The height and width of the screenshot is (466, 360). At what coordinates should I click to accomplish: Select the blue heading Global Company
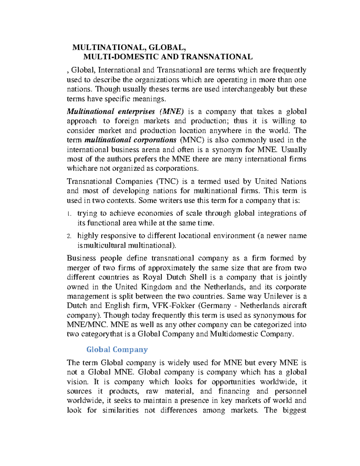pyautogui.click(x=117, y=350)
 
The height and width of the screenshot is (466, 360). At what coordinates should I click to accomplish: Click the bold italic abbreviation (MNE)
pyautogui.click(x=172, y=112)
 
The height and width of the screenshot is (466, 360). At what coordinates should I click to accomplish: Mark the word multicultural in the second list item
pyautogui.click(x=106, y=245)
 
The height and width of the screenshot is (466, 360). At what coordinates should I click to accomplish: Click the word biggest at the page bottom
pyautogui.click(x=294, y=410)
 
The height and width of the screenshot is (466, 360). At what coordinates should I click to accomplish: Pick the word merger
pyautogui.click(x=79, y=268)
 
